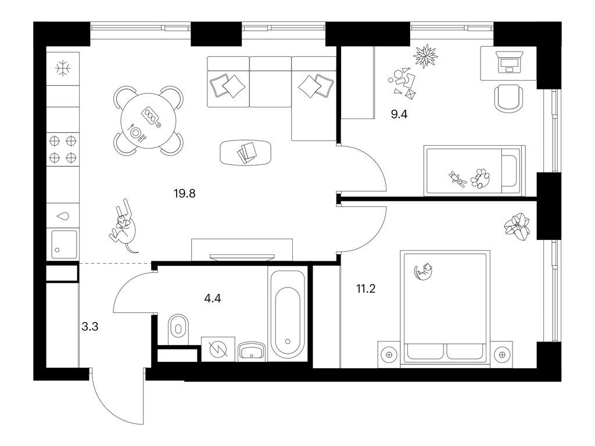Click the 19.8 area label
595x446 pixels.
184,194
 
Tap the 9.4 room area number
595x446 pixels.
399,114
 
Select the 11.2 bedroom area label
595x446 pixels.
366,289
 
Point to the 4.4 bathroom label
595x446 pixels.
213,298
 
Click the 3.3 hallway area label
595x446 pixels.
90,326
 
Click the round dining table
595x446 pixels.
148,121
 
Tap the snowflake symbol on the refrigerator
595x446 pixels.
63,69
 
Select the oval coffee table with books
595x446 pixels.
246,153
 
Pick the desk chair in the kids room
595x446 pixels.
508,98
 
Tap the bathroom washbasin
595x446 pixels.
251,351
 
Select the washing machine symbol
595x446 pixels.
218,349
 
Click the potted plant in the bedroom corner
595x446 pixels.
517,227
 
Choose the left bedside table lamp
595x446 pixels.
389,355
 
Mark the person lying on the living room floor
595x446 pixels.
124,227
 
